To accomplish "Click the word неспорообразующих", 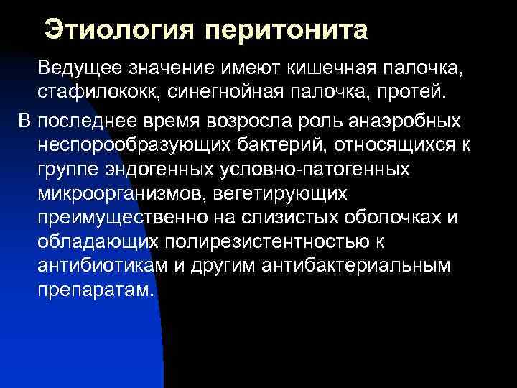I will [x=134, y=144].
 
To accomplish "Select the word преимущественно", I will [x=121, y=218].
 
